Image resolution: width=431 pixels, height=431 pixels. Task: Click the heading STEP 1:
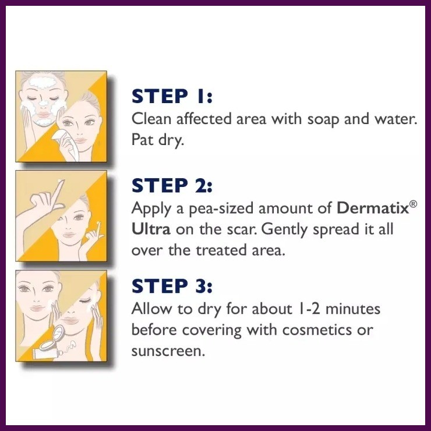click(172, 96)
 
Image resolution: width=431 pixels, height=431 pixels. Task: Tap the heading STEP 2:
click(172, 185)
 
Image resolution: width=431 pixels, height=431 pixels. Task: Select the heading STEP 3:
click(172, 286)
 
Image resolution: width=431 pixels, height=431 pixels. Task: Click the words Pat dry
click(157, 140)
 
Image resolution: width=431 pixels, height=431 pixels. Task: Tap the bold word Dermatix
click(373, 208)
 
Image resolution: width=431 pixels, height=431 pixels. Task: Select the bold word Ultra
click(151, 229)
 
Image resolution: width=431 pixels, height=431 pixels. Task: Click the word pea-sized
click(221, 209)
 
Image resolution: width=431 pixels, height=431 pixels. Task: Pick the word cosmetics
click(317, 330)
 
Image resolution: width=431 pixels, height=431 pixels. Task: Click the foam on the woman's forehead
click(43, 82)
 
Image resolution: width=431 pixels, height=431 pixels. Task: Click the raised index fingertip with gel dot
click(60, 181)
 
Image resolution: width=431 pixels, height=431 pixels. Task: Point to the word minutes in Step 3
click(353, 309)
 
